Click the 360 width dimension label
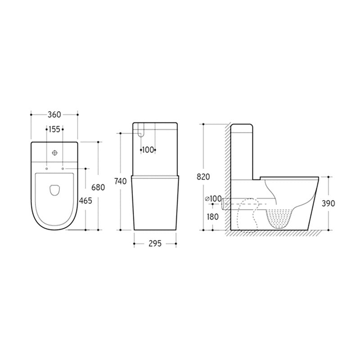coord(54,115)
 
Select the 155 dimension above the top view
coord(54,130)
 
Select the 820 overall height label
coord(204,177)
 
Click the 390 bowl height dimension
coord(329,203)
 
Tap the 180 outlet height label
coord(213,216)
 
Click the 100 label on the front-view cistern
coord(148,149)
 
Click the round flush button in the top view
coord(54,153)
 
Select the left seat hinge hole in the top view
coord(47,169)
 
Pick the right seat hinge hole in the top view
coord(63,169)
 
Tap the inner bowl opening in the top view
coord(54,190)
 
